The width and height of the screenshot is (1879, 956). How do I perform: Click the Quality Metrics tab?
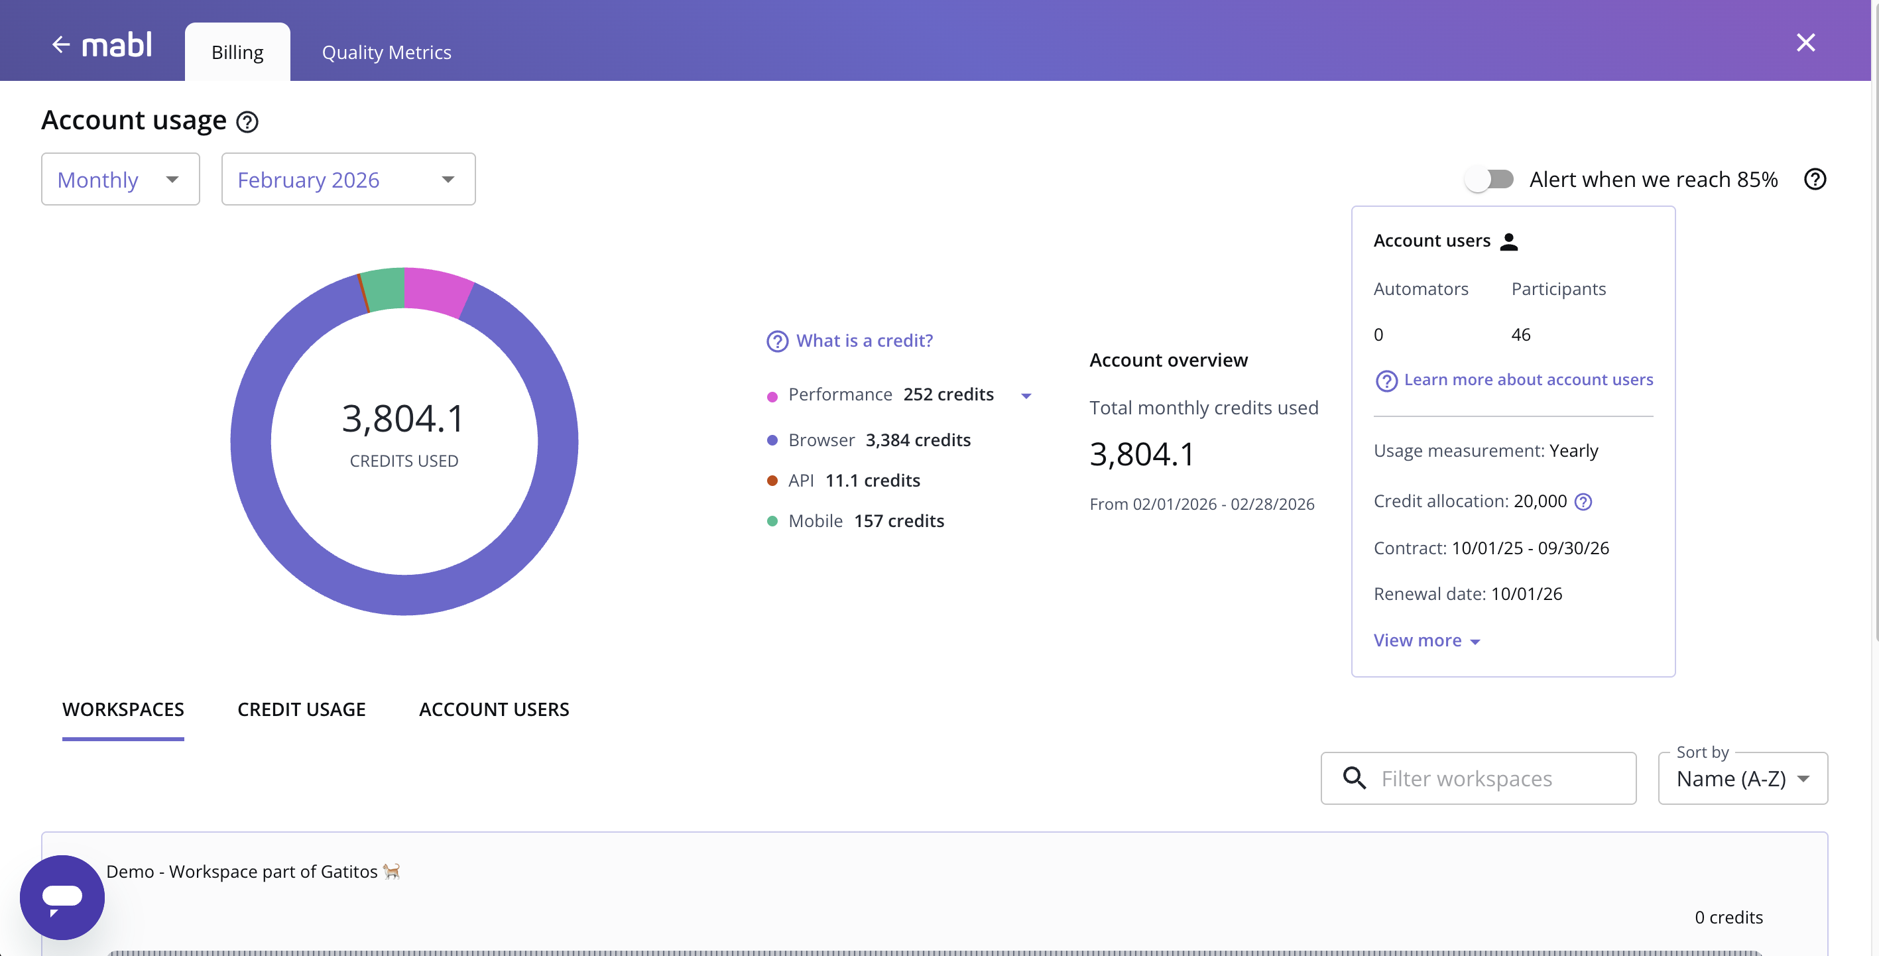coord(387,52)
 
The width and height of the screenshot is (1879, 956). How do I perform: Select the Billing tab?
coord(237,52)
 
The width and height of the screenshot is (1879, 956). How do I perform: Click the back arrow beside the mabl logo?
coord(60,45)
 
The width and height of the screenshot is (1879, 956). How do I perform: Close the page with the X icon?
coord(1805,43)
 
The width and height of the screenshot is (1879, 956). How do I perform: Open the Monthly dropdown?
coord(121,180)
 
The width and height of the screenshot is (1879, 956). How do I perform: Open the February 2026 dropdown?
coord(348,180)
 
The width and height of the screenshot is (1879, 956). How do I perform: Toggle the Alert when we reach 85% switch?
coord(1490,180)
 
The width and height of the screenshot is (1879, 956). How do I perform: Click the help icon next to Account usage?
coord(247,122)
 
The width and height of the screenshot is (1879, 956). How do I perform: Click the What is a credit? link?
coord(864,341)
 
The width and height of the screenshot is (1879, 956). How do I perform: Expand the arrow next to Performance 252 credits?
coord(1026,396)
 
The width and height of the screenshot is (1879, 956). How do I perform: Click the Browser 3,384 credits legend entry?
coord(879,440)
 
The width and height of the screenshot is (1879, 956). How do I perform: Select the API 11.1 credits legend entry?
coord(853,481)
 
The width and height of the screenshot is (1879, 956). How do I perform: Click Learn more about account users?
coord(1528,380)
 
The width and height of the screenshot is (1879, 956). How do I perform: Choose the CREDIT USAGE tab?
coord(301,709)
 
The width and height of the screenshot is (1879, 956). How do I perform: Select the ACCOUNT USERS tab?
coord(494,709)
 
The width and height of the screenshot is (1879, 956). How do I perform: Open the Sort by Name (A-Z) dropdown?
coord(1742,779)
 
